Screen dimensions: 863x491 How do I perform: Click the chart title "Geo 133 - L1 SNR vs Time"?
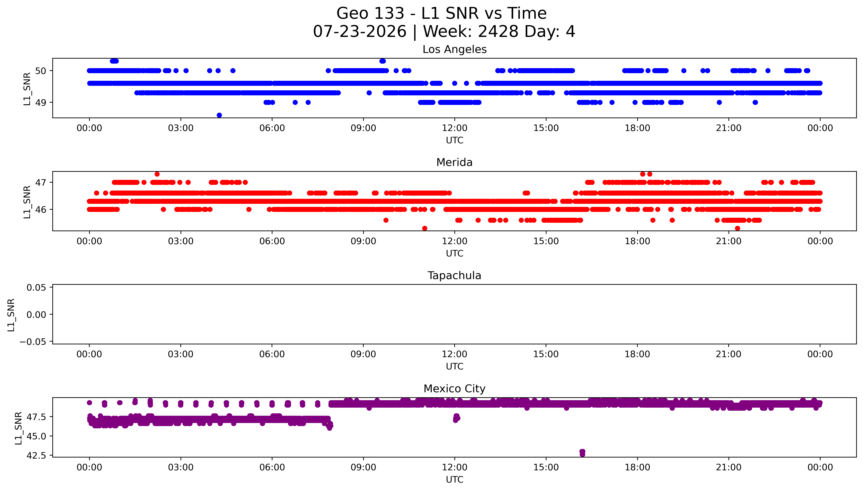point(441,13)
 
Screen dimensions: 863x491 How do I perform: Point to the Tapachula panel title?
point(454,276)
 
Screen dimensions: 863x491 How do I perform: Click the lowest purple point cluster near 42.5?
point(582,453)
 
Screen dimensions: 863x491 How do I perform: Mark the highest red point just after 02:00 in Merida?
point(157,174)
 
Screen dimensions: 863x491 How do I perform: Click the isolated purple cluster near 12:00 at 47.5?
point(456,418)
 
